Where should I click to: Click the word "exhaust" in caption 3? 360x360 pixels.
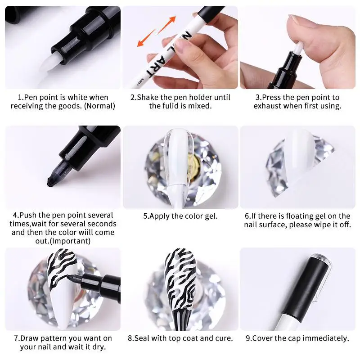click(265, 106)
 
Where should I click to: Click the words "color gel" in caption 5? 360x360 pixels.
click(202, 216)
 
